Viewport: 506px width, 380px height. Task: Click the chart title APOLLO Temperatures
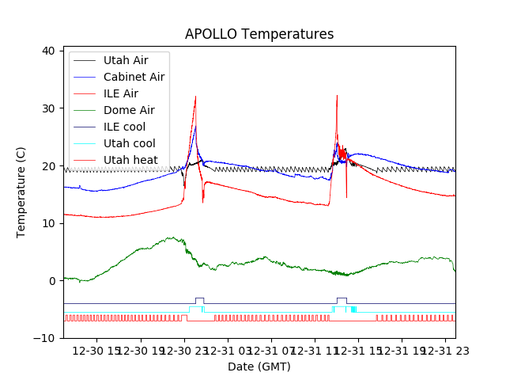point(259,34)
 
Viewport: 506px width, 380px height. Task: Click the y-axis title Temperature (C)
point(21,192)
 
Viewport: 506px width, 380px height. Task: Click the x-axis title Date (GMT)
point(259,367)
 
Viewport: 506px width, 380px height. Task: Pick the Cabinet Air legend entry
point(134,77)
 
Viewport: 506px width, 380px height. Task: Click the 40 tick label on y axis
point(48,51)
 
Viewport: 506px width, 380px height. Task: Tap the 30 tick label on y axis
point(48,108)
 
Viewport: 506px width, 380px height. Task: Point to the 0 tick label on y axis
point(51,281)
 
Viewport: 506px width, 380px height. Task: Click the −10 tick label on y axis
point(45,338)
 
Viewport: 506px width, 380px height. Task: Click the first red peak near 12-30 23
point(195,97)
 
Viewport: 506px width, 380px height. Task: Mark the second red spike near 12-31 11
point(337,96)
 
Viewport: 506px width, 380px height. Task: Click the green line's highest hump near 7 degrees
point(171,237)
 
